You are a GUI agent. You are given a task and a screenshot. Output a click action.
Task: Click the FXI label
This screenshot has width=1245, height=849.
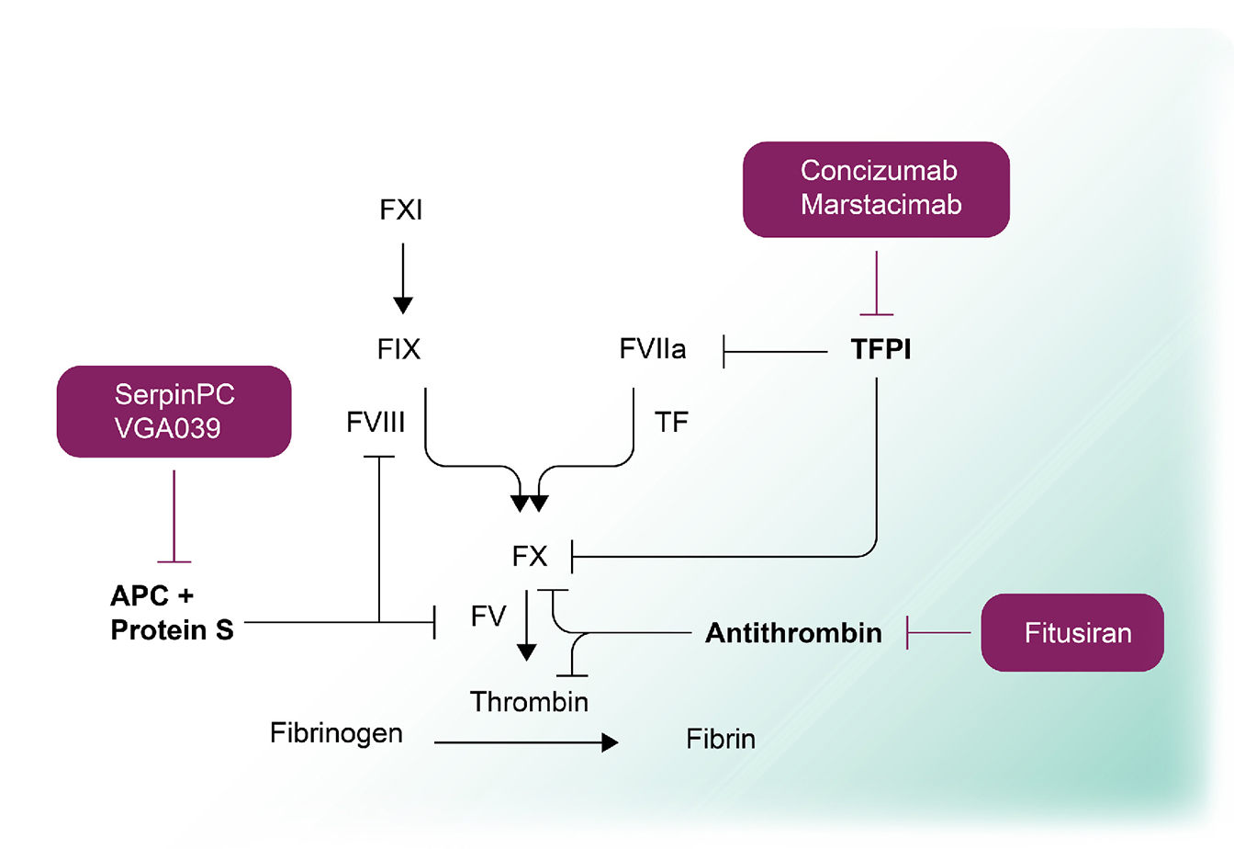[401, 210]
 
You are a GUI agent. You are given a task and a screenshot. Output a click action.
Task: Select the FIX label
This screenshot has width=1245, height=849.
[398, 350]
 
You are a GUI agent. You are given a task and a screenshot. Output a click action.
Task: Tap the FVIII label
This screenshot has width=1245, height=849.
[376, 423]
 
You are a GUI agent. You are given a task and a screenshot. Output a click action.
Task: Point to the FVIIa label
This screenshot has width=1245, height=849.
[653, 350]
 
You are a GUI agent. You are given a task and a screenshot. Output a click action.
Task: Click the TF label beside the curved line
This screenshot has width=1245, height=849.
[671, 423]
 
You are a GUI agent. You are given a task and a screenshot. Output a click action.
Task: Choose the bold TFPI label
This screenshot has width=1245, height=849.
[880, 350]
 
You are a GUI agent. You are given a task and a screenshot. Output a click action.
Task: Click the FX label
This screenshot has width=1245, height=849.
[530, 557]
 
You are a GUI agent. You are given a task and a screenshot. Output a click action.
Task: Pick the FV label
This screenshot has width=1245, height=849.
[488, 617]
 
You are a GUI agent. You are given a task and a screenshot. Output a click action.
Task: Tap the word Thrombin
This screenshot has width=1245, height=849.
[529, 703]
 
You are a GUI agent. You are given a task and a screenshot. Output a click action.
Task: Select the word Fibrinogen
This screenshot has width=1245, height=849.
[336, 734]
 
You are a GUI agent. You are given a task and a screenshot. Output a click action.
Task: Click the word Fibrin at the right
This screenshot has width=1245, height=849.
[721, 740]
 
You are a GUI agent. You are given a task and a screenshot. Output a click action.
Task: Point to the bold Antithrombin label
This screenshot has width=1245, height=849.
[793, 633]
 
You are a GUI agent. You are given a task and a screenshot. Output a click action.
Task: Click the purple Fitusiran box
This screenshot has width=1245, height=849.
[1072, 633]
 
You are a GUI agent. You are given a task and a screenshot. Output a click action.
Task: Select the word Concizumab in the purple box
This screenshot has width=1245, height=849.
[879, 171]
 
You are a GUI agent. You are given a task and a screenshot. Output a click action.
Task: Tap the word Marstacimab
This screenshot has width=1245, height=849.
[880, 205]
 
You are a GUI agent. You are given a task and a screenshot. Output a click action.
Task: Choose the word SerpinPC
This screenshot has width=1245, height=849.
[174, 395]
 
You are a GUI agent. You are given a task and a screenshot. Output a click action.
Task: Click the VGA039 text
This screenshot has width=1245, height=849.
[168, 429]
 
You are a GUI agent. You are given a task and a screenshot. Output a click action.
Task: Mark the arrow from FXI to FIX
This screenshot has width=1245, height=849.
[402, 277]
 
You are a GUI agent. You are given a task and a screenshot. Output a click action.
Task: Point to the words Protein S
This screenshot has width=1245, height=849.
[172, 630]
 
